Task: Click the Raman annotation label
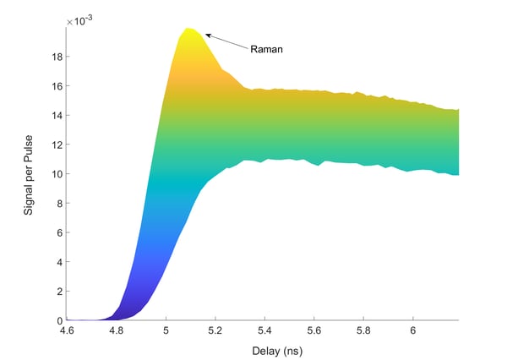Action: pyautogui.click(x=266, y=49)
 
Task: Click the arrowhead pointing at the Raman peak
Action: pyautogui.click(x=207, y=35)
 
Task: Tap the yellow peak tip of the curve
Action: pyautogui.click(x=189, y=30)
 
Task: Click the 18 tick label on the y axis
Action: pyautogui.click(x=55, y=57)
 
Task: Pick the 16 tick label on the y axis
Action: pyautogui.click(x=55, y=86)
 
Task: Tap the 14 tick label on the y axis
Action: pyautogui.click(x=55, y=116)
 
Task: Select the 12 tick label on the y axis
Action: pyautogui.click(x=55, y=145)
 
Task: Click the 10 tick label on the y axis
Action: pyautogui.click(x=55, y=174)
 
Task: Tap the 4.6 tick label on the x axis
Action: pyautogui.click(x=68, y=331)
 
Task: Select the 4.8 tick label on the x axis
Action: pyautogui.click(x=117, y=331)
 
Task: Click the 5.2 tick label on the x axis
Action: pyautogui.click(x=215, y=331)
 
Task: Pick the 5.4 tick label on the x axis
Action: pyautogui.click(x=264, y=331)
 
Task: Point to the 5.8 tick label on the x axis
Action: pyautogui.click(x=363, y=331)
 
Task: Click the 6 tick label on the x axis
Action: pyautogui.click(x=413, y=331)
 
